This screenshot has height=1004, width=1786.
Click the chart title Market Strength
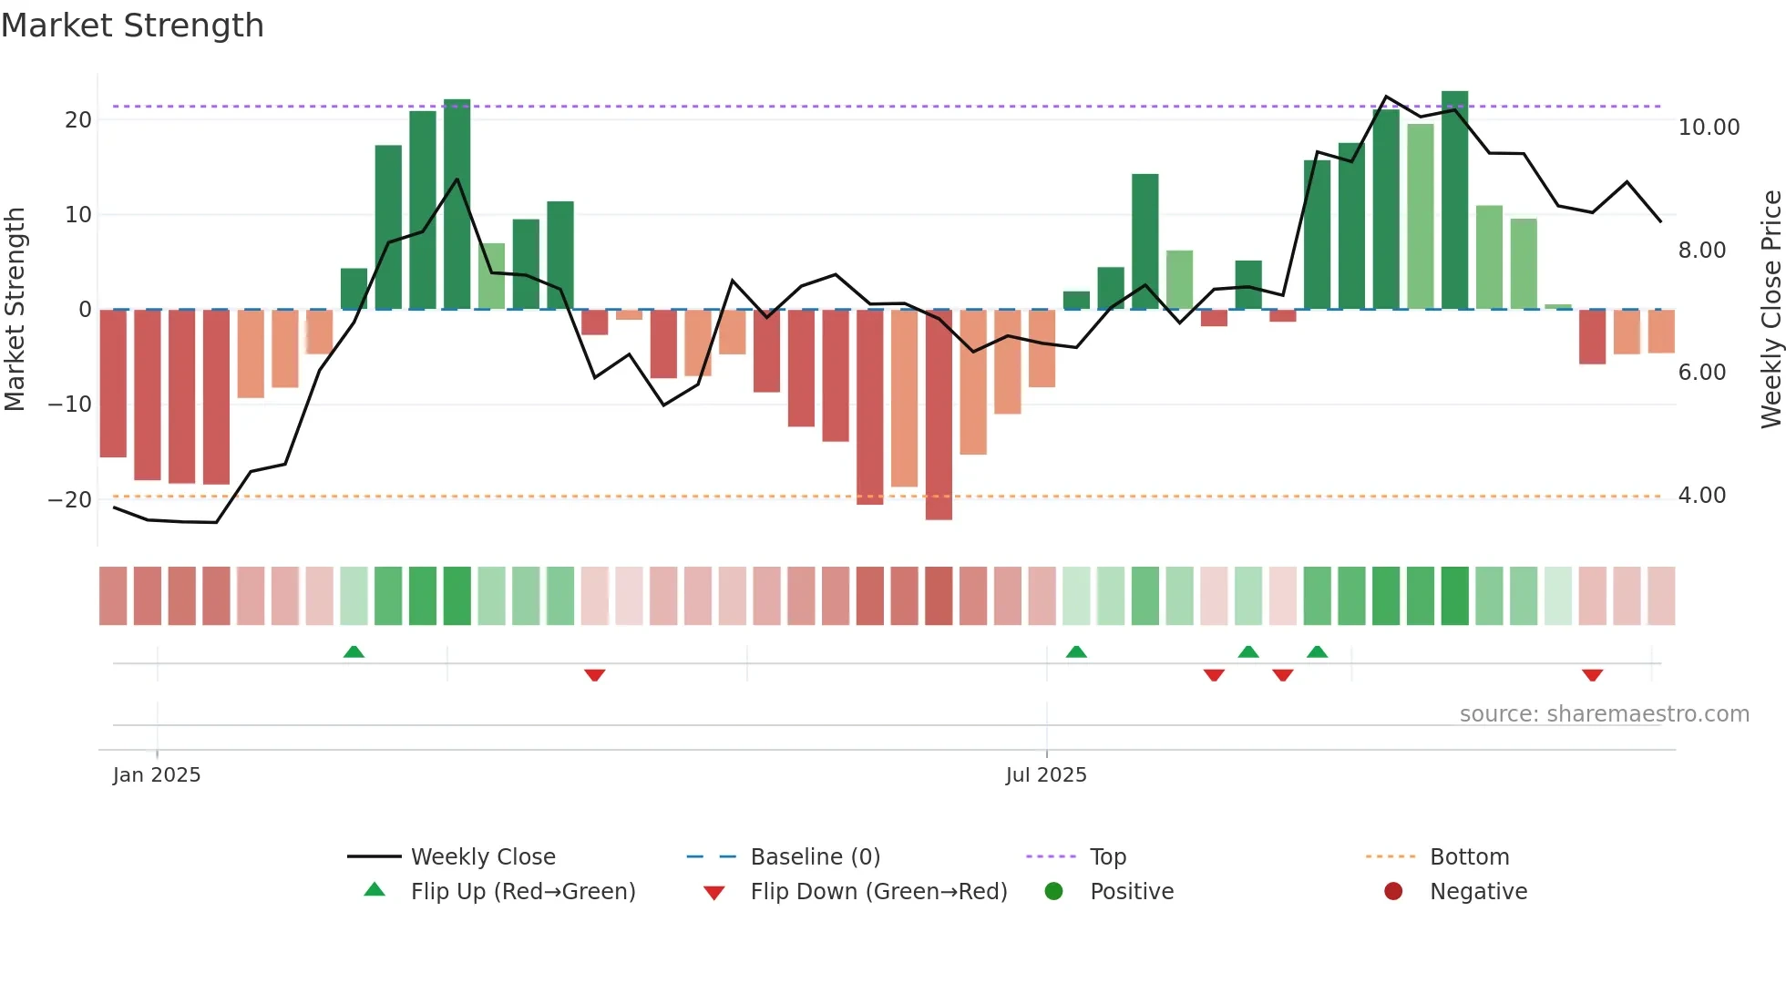[x=133, y=26]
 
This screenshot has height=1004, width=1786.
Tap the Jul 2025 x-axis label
[x=1046, y=775]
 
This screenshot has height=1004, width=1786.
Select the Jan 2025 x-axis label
[x=157, y=775]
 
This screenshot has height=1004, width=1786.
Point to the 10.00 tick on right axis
[x=1709, y=128]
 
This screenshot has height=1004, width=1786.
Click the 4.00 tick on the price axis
[x=1701, y=496]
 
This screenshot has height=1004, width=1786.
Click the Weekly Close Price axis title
[x=1771, y=310]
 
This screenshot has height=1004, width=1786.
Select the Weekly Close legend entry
[x=482, y=857]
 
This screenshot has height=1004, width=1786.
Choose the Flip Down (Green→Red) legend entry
[x=878, y=892]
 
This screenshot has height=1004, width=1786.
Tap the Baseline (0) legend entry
[x=815, y=857]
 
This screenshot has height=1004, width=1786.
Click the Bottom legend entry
[x=1469, y=857]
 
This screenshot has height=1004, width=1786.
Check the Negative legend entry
[x=1477, y=892]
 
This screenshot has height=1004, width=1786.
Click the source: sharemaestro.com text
[x=1604, y=714]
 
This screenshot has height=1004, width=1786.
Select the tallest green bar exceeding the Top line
[x=1454, y=200]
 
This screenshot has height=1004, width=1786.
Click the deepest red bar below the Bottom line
[x=939, y=415]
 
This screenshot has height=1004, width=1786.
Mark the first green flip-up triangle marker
[x=354, y=651]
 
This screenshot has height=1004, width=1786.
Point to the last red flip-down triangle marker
[x=1592, y=675]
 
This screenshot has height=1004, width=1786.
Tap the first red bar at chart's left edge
[x=113, y=383]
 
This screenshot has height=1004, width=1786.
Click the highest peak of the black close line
[x=1386, y=97]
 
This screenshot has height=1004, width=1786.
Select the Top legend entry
[x=1107, y=857]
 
